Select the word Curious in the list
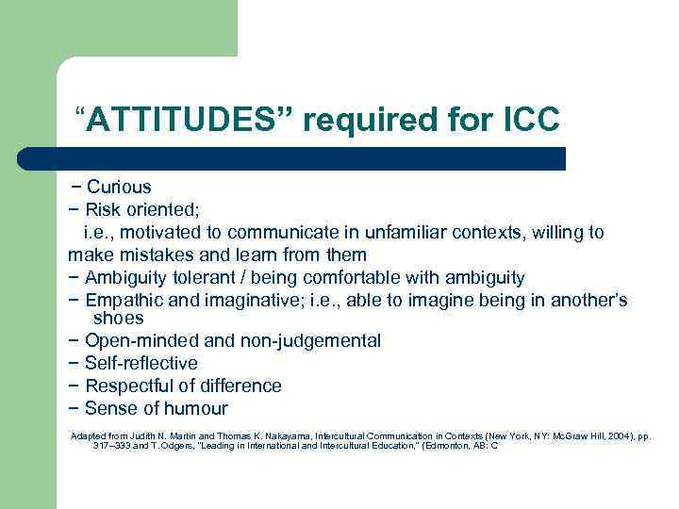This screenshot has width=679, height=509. tap(119, 187)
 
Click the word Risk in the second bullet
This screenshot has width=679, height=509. tap(104, 209)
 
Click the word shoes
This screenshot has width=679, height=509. tap(119, 319)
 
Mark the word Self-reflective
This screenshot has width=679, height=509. tap(141, 363)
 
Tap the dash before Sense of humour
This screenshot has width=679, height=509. tap(74, 408)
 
